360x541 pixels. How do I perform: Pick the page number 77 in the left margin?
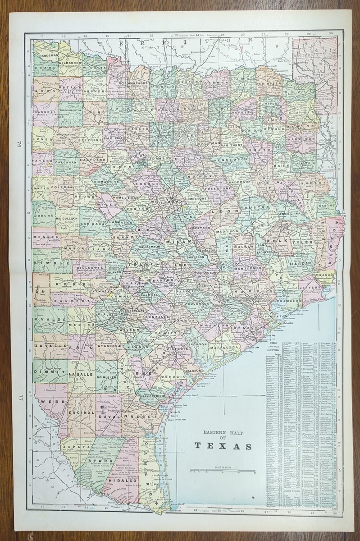click(20, 398)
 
